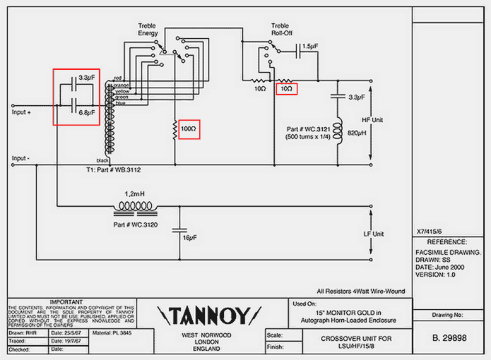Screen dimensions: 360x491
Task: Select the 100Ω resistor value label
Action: [x=188, y=130]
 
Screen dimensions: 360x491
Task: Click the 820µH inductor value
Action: [x=355, y=133]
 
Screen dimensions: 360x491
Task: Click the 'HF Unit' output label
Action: [x=372, y=121]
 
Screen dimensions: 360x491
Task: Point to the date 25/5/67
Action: [x=65, y=332]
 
